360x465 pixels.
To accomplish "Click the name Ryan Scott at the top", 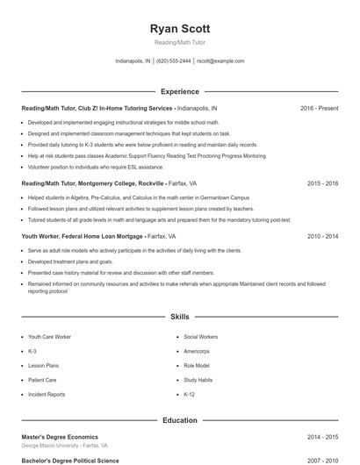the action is click(x=180, y=29).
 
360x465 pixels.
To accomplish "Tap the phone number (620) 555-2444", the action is click(x=174, y=61).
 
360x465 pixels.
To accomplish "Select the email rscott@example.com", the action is click(x=220, y=61).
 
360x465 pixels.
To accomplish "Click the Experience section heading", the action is click(x=180, y=91).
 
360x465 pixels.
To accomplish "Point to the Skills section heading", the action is click(x=180, y=316).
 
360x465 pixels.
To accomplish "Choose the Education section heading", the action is click(x=180, y=420).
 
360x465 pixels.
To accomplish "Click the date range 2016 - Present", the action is click(x=319, y=108).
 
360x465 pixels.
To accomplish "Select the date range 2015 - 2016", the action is click(x=322, y=184).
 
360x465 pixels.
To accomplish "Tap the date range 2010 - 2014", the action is click(x=322, y=236).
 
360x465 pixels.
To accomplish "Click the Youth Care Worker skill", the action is click(x=49, y=337).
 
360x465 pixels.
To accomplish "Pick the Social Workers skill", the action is click(x=201, y=337).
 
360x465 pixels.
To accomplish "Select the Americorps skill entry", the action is click(x=197, y=351).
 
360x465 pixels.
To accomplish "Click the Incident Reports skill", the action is click(x=47, y=395).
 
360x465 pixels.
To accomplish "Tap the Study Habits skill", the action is click(x=198, y=380).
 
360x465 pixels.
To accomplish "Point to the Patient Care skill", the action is click(x=43, y=380).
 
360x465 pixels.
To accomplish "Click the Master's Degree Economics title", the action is click(x=60, y=437).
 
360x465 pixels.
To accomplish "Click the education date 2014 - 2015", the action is click(x=322, y=437).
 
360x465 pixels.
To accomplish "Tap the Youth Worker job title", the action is click(x=41, y=236).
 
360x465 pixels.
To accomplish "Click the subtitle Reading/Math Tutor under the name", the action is click(x=180, y=43).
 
